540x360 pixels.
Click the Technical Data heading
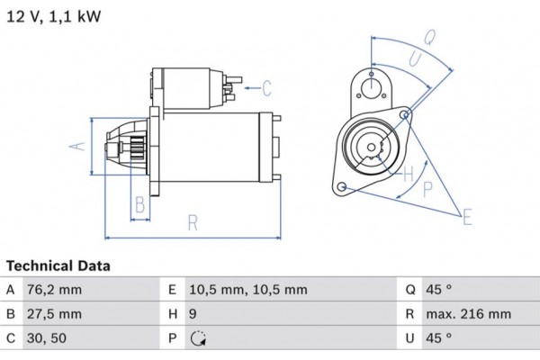point(58,266)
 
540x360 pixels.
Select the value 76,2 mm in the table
point(57,290)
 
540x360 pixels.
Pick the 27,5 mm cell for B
point(57,314)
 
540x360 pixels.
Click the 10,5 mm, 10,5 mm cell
point(248,290)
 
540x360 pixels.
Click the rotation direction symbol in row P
point(198,339)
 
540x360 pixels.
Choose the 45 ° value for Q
point(439,290)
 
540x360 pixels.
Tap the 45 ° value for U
point(439,338)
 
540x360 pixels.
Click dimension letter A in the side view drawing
point(77,146)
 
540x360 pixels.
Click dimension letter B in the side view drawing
point(139,204)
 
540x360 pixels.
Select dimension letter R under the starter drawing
point(192,223)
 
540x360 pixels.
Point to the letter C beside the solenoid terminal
point(266,87)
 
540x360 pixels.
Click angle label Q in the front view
point(430,37)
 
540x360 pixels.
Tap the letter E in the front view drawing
point(467,216)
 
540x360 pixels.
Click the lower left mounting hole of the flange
point(342,186)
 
